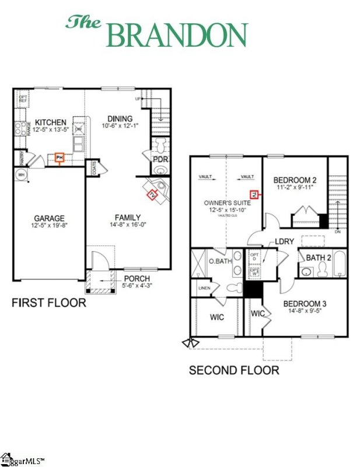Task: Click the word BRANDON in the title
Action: [x=177, y=35]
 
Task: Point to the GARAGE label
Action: [x=48, y=218]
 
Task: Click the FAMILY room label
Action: [x=127, y=218]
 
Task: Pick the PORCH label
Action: [x=137, y=278]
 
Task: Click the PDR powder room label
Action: [x=160, y=159]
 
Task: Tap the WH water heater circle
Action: [x=21, y=175]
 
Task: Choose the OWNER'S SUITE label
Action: [x=226, y=203]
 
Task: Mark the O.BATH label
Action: [x=221, y=261]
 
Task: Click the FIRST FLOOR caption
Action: [x=50, y=302]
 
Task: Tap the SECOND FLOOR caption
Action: [x=234, y=370]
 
